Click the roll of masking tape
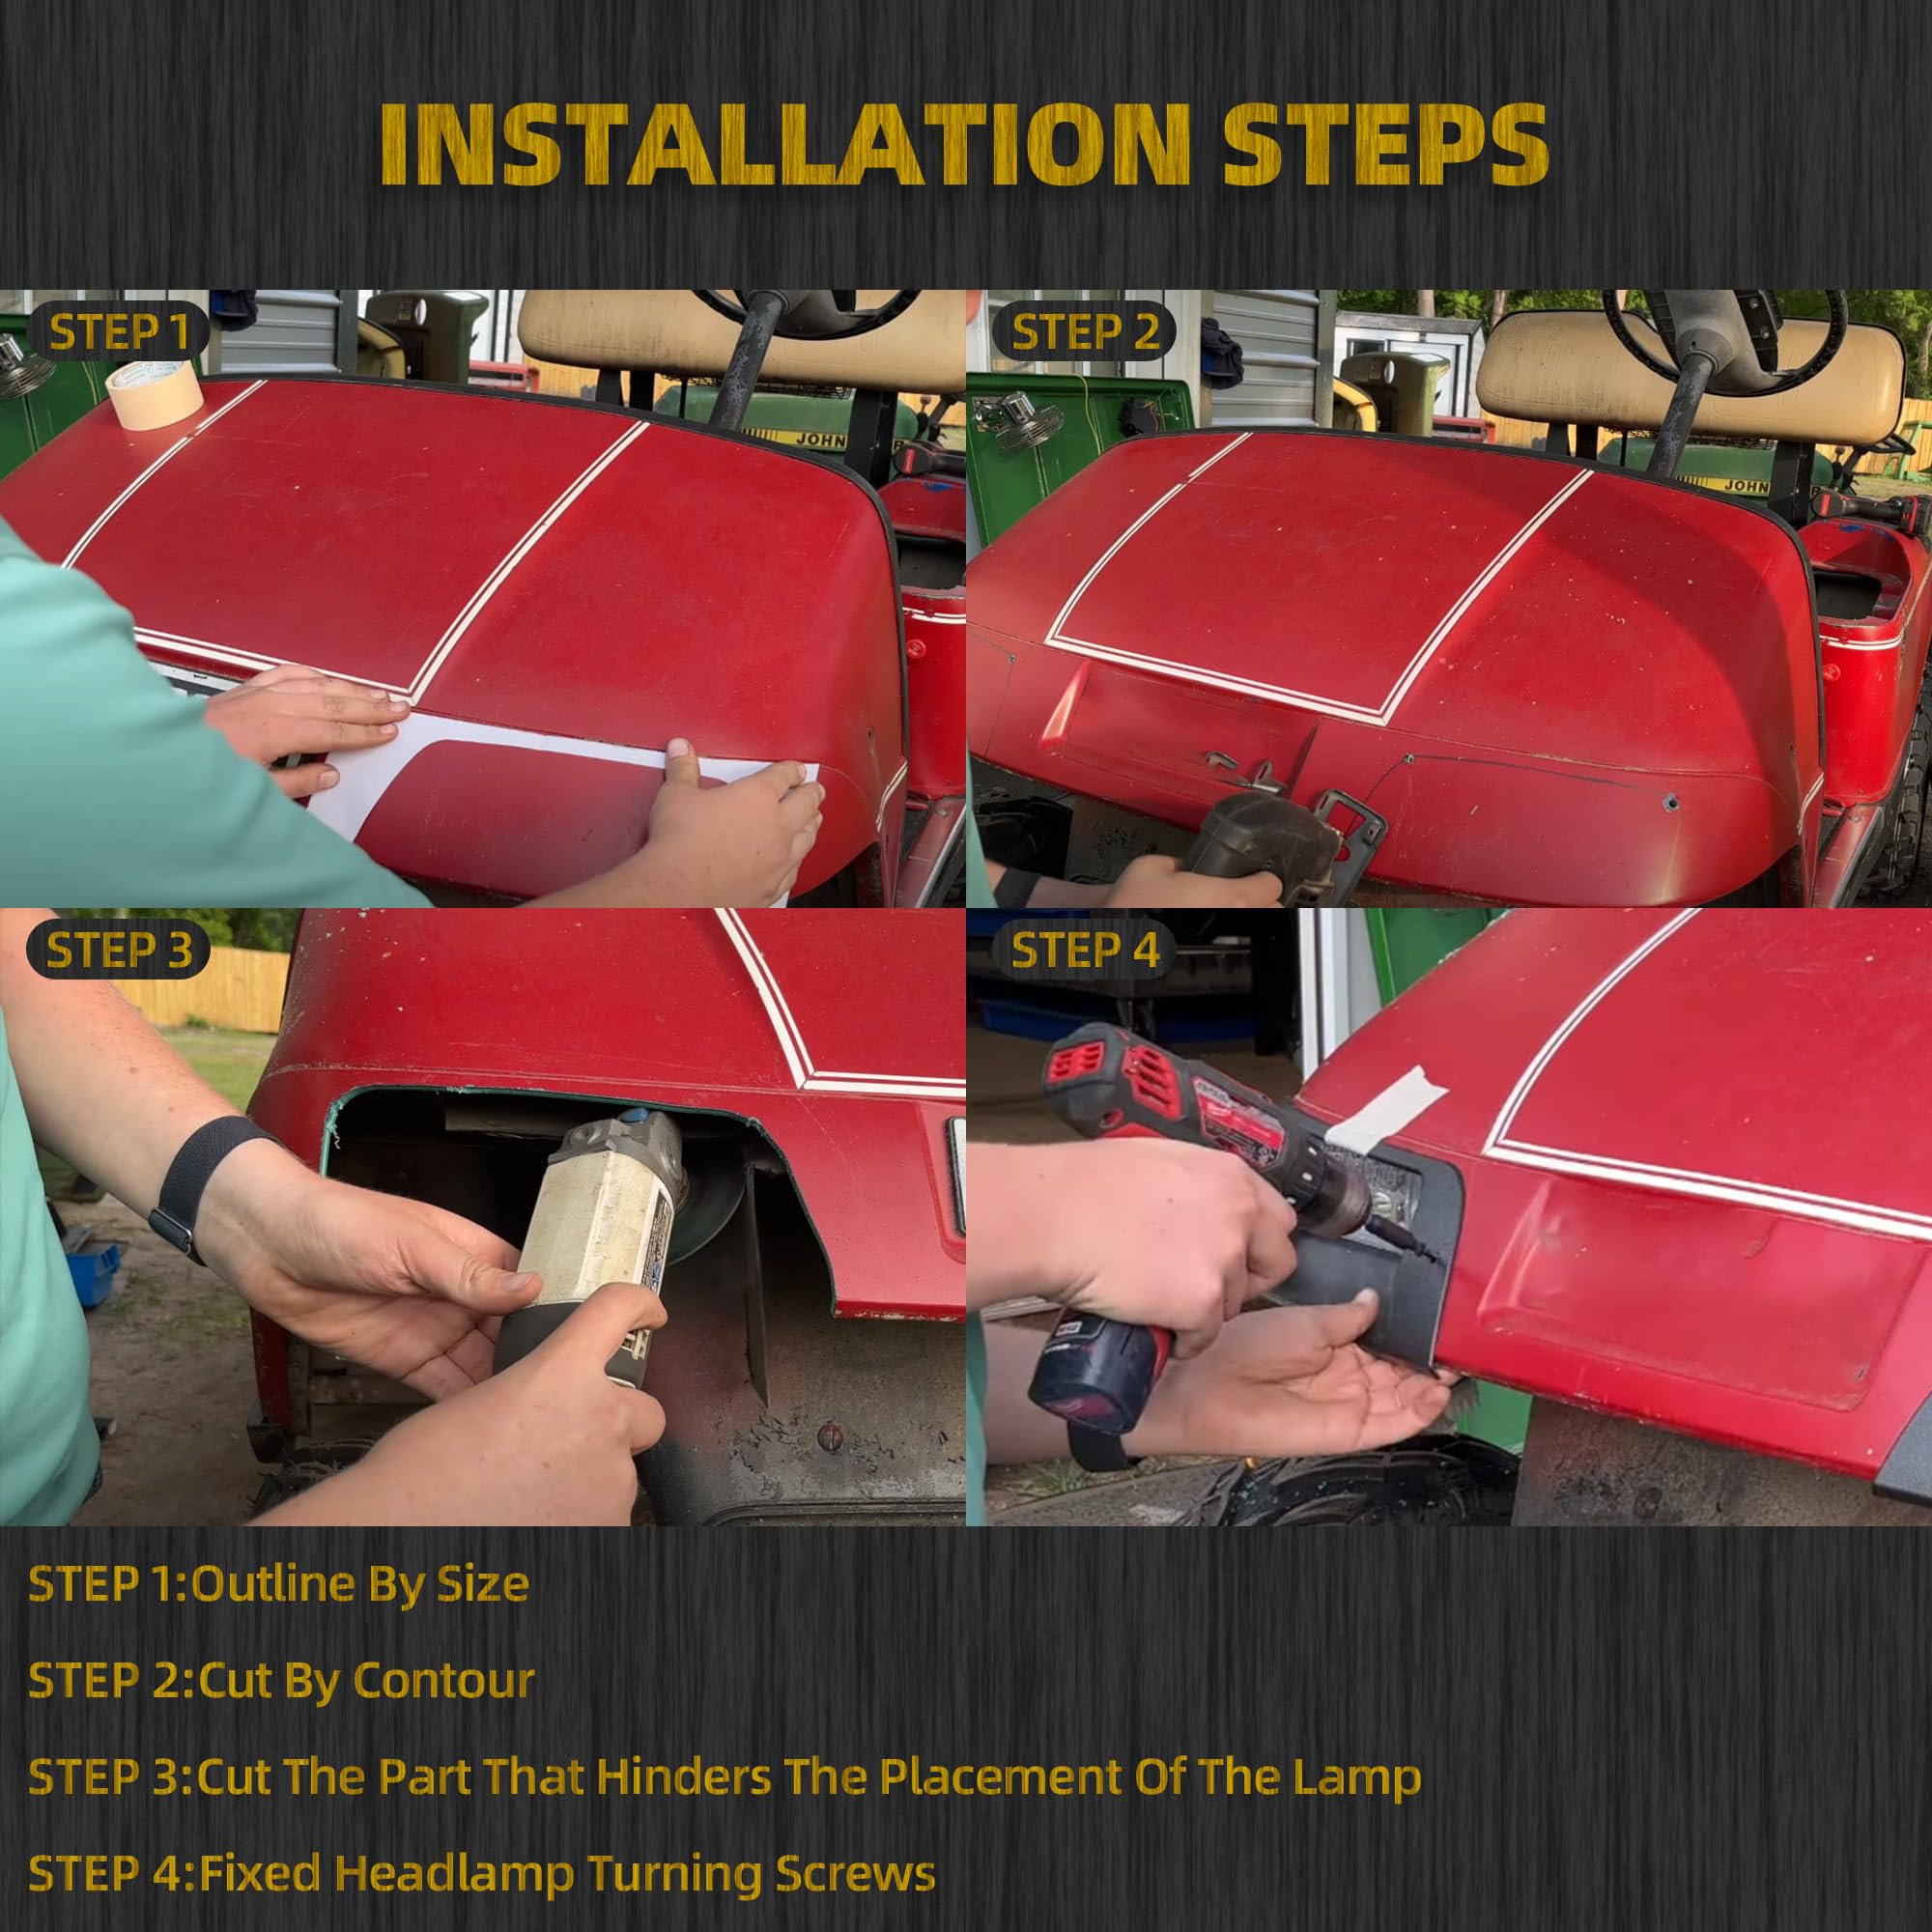pos(154,395)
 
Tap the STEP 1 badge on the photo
pos(119,333)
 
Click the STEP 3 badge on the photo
pos(119,950)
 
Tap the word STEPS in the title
pos(1385,145)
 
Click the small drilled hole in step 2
pos(1670,802)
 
